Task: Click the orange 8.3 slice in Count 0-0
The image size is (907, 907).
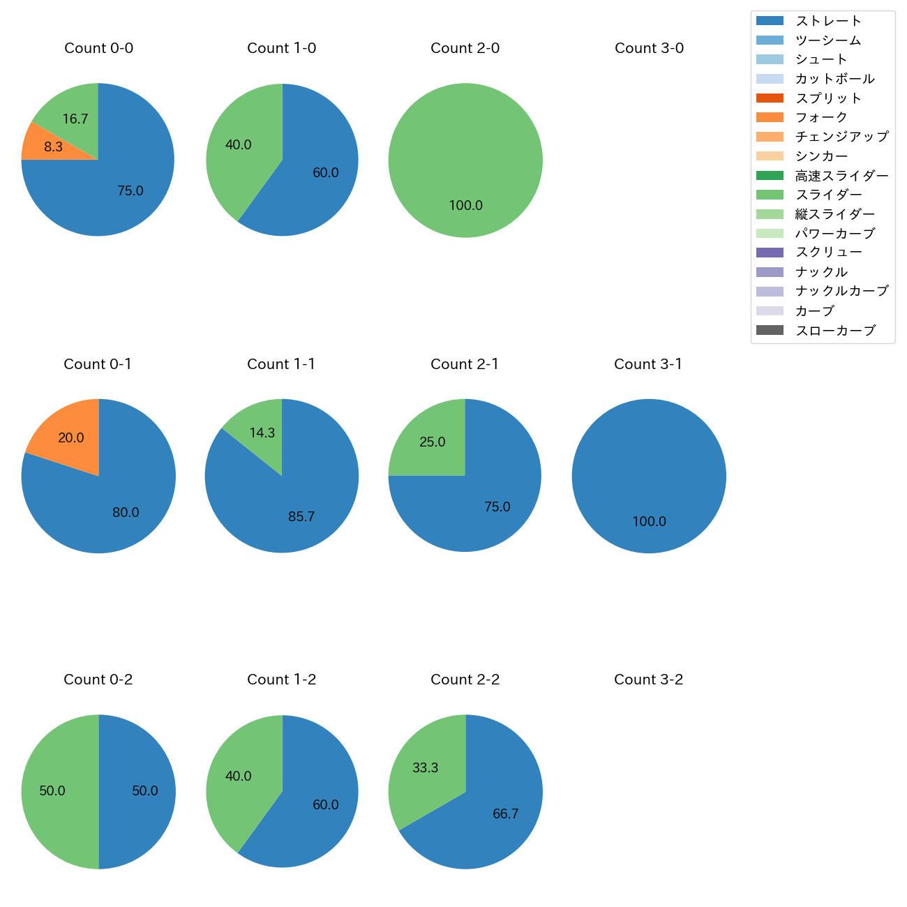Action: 42,144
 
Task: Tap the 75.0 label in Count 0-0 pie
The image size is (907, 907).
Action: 130,190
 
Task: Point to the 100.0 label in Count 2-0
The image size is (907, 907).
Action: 465,205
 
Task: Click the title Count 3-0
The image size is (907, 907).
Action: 649,48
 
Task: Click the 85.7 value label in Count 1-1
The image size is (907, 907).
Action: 301,516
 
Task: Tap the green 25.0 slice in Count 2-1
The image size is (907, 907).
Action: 430,441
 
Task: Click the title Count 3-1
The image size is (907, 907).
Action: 648,364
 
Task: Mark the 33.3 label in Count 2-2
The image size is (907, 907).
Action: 425,767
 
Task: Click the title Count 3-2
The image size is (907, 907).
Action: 648,680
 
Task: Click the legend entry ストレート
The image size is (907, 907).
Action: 828,21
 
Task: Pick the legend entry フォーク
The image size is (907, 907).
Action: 821,117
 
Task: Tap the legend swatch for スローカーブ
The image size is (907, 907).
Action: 770,330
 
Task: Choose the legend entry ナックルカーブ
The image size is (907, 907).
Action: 841,291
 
